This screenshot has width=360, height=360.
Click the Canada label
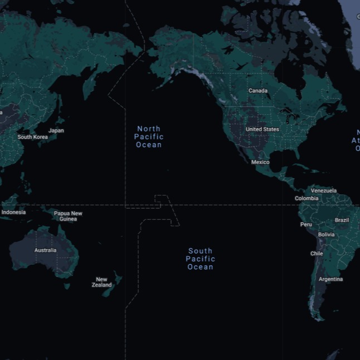[x=258, y=90]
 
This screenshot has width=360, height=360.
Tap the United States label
[x=262, y=129]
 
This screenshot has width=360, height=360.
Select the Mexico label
[x=260, y=162]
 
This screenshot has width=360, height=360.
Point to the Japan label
[x=56, y=130]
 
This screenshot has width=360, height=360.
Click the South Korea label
[x=32, y=137]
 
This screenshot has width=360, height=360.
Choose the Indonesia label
[x=13, y=212]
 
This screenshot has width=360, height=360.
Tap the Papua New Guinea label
[x=68, y=216]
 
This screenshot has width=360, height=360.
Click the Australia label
[x=45, y=250]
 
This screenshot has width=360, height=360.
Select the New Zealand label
[x=101, y=282]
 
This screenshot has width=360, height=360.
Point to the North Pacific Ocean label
[x=149, y=137]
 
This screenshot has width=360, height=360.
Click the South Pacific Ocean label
[x=200, y=259]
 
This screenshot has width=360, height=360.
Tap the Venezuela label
[x=324, y=191]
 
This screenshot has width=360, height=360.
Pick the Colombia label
[x=307, y=198]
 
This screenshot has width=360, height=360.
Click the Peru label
[x=306, y=225]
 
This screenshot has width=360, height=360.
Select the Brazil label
[x=342, y=220]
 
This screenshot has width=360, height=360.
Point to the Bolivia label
[x=326, y=235]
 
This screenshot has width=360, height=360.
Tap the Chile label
[x=317, y=254]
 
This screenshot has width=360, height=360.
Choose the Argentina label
[x=330, y=279]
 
